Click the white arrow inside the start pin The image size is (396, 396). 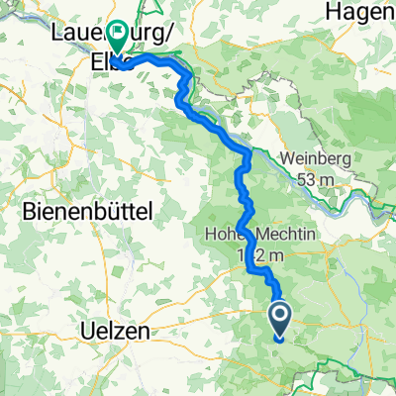click(x=279, y=317)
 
